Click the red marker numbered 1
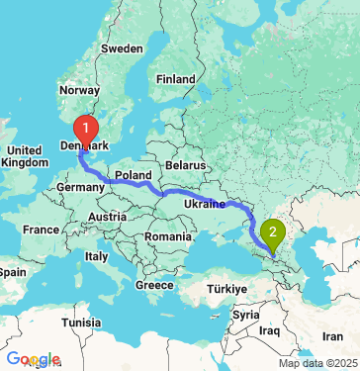pos(87,128)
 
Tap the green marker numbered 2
pos(272,233)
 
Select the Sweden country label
pos(122,47)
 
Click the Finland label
pos(175,78)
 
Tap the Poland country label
pos(134,174)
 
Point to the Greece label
pos(153,285)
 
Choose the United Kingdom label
pos(23,155)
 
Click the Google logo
pos(32,359)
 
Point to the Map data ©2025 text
pos(317,363)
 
